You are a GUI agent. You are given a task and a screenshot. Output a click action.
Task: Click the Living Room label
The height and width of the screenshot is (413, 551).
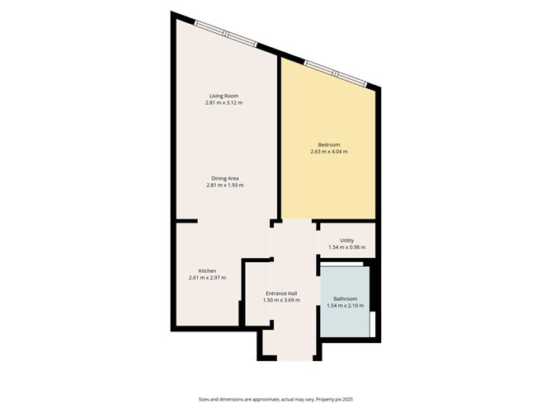tap(224, 96)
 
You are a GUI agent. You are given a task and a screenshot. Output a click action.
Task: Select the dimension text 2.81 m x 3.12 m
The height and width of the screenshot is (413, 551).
tap(224, 103)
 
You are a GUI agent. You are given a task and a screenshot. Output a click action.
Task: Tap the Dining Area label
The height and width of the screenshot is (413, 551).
tap(225, 178)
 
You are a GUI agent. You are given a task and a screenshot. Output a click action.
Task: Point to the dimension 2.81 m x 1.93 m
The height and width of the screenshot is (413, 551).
tap(225, 185)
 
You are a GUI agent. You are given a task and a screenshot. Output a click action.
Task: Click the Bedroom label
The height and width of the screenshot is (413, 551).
tap(328, 144)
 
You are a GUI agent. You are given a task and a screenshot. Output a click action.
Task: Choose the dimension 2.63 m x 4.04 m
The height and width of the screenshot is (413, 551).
tap(328, 152)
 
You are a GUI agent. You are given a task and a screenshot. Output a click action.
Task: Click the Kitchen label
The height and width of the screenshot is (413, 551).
tap(207, 270)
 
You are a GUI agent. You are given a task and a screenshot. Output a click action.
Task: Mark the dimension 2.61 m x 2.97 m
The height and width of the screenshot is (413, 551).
tap(207, 278)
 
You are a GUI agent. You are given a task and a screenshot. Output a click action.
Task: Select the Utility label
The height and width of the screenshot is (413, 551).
tap(346, 240)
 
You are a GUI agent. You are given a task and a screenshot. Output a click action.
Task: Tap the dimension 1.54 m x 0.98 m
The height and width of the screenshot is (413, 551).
tap(346, 247)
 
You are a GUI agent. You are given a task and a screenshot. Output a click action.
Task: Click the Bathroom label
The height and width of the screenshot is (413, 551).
tap(345, 298)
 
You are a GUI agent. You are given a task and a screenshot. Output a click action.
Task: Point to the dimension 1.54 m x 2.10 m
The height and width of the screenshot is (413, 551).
tap(345, 306)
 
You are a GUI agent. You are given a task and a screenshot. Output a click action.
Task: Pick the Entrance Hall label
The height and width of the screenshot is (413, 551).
tap(281, 293)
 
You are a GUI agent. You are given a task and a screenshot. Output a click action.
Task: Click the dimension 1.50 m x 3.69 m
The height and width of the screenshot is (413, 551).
tap(281, 300)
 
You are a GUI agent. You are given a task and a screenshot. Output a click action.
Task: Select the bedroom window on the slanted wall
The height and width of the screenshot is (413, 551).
tap(334, 73)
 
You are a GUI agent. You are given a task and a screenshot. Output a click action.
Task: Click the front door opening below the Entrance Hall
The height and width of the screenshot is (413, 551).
tap(294, 359)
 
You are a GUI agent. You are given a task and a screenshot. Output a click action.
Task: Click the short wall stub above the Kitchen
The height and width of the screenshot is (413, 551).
tap(187, 221)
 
